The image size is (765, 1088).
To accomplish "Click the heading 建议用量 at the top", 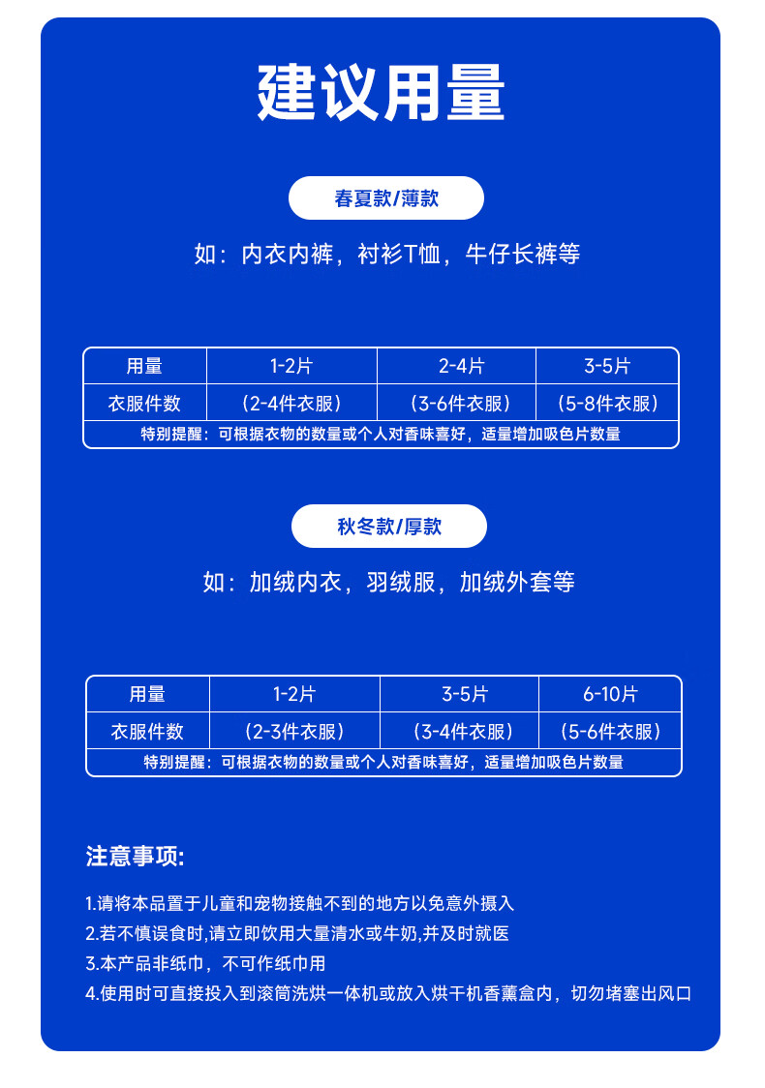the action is pos(382,93).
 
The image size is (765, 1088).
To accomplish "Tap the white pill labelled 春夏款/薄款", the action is pos(386,198).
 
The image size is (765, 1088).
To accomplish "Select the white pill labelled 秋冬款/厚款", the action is pos(389,527).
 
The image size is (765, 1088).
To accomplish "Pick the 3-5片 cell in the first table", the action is pos(607,366).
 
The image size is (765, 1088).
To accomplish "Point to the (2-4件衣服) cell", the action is pos(291,403).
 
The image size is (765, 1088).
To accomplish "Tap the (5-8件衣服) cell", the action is pos(607,403).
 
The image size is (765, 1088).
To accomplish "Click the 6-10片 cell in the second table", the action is pos(610,694).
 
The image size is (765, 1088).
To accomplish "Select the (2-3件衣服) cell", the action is pos(294,731).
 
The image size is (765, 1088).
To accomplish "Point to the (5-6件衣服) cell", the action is pos(610,731).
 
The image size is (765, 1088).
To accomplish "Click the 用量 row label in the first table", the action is pos(144,366).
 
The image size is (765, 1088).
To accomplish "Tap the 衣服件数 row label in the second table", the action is pos(148,731).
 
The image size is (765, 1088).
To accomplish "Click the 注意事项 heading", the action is pos(135,857).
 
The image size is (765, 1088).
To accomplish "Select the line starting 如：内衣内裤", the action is pos(386,255).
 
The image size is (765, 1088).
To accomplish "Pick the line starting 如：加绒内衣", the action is pos(388,582).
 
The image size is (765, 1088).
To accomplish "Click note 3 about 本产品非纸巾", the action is pos(205,963).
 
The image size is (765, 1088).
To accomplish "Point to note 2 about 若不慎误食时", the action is pos(296,933).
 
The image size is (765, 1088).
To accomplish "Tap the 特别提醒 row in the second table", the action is pos(383,762).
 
